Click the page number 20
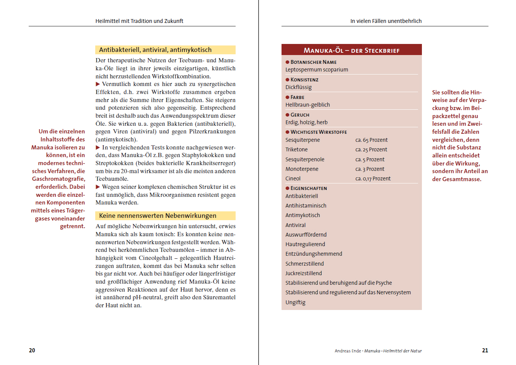tap(32, 350)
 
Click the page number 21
tap(485, 350)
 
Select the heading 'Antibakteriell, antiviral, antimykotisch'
tap(155, 50)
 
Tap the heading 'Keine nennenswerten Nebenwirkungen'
tap(158, 216)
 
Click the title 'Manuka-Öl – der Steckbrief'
tap(352, 50)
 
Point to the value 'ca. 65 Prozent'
tap(371, 140)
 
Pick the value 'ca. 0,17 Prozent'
tap(373, 178)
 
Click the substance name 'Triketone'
tap(296, 149)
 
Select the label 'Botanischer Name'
tap(313, 62)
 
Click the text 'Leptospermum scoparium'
tap(317, 70)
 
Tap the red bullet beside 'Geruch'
tap(287, 115)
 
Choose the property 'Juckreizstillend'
tap(304, 273)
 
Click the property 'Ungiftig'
tap(295, 302)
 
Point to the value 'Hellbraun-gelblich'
tap(308, 105)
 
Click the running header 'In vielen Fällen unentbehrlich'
tap(386, 21)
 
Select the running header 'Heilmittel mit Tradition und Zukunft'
tap(139, 21)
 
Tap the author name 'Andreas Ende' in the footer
tap(348, 351)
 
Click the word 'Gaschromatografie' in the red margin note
tap(58, 179)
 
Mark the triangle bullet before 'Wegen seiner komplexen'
tap(98, 187)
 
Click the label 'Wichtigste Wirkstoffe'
tap(319, 132)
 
